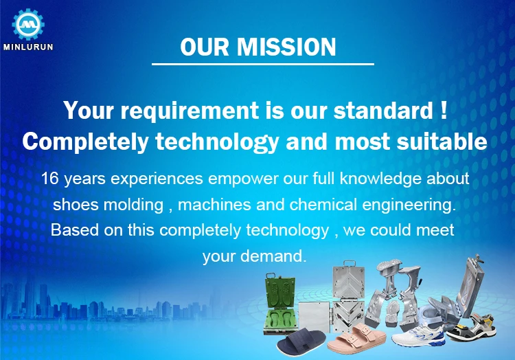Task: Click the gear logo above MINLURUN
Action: click(x=28, y=24)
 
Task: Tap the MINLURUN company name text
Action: click(x=28, y=47)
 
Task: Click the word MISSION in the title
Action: click(x=286, y=47)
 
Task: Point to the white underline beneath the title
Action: click(x=263, y=64)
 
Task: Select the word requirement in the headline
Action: click(x=190, y=111)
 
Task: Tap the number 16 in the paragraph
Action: click(x=49, y=179)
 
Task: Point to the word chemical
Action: click(x=323, y=205)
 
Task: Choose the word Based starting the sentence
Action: click(x=75, y=230)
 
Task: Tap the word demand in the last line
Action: click(x=273, y=256)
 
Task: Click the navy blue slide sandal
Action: click(x=301, y=341)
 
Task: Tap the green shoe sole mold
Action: click(x=280, y=305)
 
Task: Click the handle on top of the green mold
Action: click(x=271, y=275)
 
